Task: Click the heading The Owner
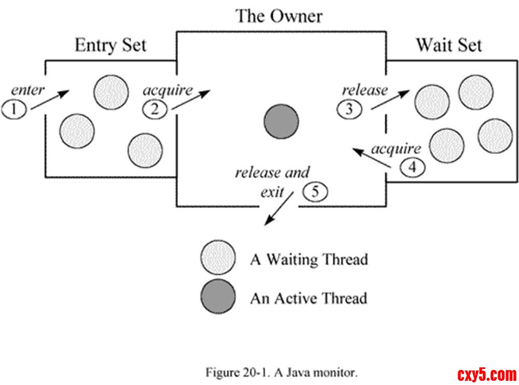pyautogui.click(x=279, y=16)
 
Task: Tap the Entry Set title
pyautogui.click(x=111, y=45)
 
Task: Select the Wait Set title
pyautogui.click(x=448, y=45)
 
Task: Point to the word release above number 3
pyautogui.click(x=365, y=90)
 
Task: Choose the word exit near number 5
pyautogui.click(x=272, y=192)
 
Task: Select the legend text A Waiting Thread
pyautogui.click(x=309, y=259)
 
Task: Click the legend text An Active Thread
pyautogui.click(x=308, y=298)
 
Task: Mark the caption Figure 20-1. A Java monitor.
pyautogui.click(x=281, y=372)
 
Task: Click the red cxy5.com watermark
pyautogui.click(x=486, y=373)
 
